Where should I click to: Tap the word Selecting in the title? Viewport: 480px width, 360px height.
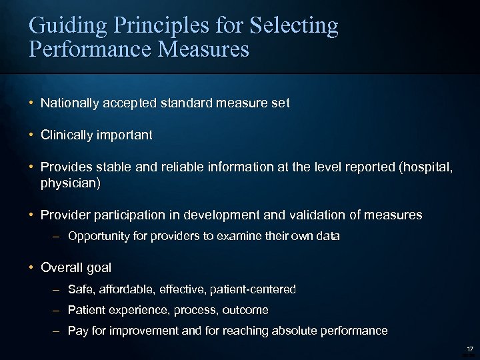click(294, 27)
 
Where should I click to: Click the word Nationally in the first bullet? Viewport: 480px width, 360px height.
click(69, 103)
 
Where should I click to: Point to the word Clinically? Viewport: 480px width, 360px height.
click(69, 135)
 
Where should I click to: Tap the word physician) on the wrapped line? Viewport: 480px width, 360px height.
click(71, 182)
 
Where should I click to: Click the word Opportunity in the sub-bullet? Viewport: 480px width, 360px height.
click(98, 236)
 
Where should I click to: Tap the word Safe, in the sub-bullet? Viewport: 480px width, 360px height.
click(81, 289)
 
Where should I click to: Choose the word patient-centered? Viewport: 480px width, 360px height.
click(253, 289)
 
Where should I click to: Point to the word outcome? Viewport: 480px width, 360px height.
click(245, 310)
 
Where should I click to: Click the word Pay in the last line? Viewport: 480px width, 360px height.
click(77, 331)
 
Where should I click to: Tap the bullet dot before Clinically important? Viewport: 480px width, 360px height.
click(32, 135)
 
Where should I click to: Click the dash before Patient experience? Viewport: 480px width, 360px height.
click(59, 310)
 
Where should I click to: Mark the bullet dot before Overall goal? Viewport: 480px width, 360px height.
click(32, 267)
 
